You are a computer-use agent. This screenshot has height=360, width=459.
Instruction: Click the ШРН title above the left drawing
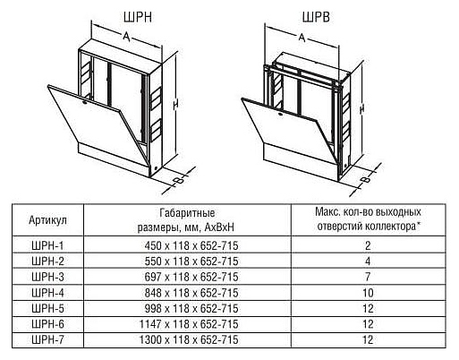(x=138, y=17)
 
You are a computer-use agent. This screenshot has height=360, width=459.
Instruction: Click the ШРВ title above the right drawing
(x=316, y=17)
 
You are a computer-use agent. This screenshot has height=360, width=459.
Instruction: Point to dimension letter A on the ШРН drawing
(x=126, y=37)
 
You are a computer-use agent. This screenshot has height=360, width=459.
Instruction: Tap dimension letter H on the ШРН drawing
(x=176, y=104)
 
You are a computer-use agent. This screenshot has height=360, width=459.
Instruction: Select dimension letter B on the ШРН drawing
(x=179, y=180)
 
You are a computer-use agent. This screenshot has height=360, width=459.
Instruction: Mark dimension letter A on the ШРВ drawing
(x=302, y=38)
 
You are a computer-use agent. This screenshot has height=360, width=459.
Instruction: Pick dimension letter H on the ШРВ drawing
(x=362, y=109)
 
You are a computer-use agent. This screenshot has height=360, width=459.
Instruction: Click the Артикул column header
(x=47, y=220)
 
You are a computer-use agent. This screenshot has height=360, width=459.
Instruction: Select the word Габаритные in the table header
(x=187, y=213)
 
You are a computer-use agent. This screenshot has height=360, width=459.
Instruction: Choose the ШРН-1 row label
(x=47, y=245)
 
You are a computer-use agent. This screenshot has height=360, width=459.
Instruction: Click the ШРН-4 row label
(x=47, y=293)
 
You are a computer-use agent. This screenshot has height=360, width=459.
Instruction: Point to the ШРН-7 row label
(x=47, y=339)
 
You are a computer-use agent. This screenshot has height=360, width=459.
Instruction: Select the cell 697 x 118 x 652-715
(x=191, y=277)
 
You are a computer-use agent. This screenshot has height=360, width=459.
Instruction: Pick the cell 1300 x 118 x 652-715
(x=189, y=339)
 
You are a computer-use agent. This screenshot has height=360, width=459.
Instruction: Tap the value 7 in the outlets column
(x=368, y=277)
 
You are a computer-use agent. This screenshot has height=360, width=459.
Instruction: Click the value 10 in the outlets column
(x=368, y=293)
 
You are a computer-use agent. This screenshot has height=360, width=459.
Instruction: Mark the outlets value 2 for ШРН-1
(x=368, y=245)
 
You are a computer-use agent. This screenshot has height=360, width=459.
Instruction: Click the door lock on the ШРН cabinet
(x=85, y=103)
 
